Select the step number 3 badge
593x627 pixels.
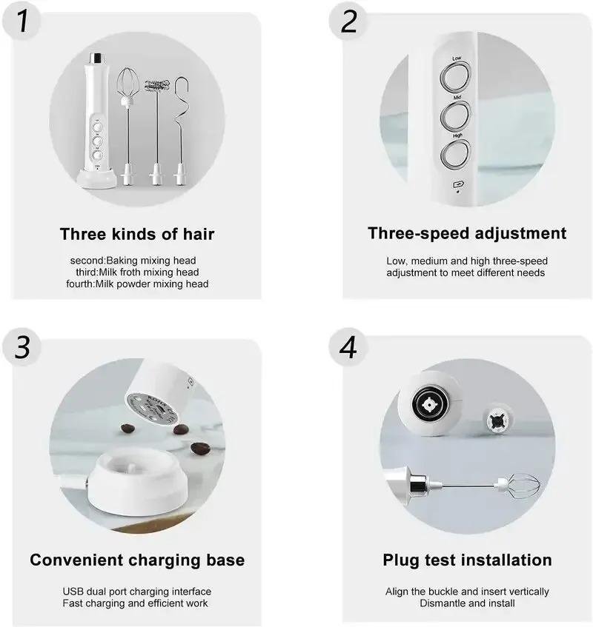pos(23,346)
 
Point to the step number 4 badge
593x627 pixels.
pos(349,346)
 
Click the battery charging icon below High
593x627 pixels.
pos(457,185)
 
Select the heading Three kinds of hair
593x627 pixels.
pos(137,235)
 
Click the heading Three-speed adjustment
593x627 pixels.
pos(467,233)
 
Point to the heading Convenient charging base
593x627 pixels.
pos(137,560)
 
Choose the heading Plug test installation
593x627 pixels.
pos(467,560)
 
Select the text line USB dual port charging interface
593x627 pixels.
pos(136,591)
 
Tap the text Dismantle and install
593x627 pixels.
pos(467,603)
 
